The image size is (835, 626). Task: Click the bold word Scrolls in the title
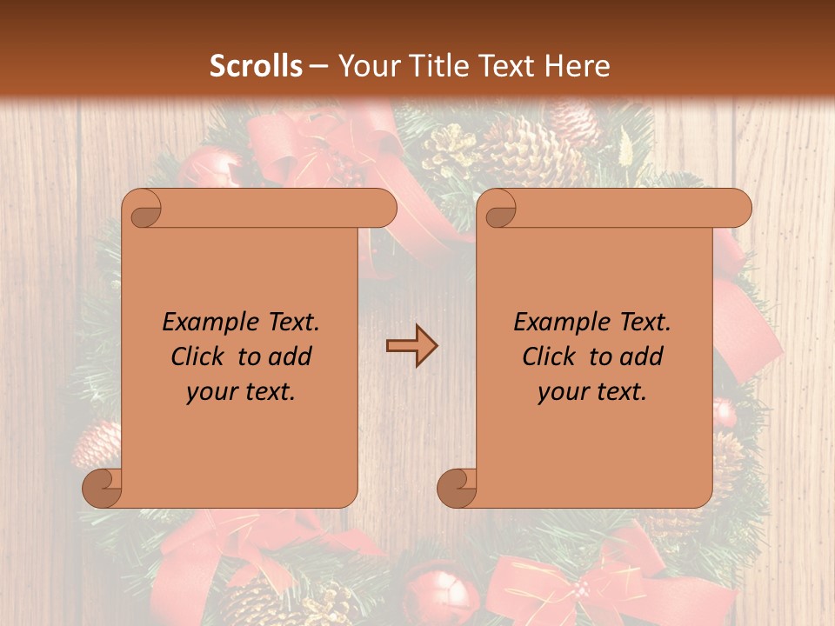pos(257,66)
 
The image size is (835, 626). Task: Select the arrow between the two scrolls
pos(411,346)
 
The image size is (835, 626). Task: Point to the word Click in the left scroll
pos(200,356)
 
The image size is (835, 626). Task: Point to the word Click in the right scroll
pos(551,356)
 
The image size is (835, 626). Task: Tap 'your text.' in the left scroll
pos(241,392)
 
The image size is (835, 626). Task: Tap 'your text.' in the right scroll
pos(592,392)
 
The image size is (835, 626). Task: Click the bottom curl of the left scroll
pos(102,488)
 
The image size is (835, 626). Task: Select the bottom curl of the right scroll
pos(457,488)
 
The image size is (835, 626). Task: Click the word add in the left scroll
pos(291,356)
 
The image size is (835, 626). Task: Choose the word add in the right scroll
pos(643,356)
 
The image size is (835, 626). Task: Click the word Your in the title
pos(364,66)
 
